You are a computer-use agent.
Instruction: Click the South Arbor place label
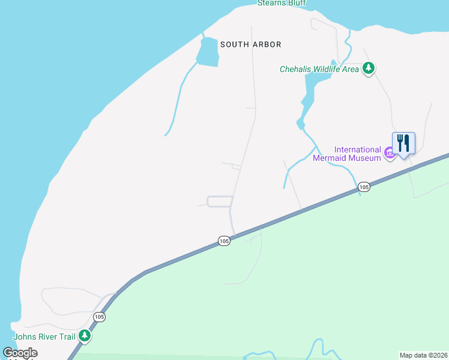tap(250, 44)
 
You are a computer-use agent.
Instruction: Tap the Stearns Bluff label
tap(282, 3)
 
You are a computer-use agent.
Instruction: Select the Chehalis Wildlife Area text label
tap(319, 70)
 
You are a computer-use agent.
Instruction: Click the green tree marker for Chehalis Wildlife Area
tap(369, 69)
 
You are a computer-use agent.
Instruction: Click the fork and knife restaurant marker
tap(403, 143)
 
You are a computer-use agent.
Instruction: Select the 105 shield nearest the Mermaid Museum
tap(364, 187)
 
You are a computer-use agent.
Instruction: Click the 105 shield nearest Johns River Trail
tap(99, 317)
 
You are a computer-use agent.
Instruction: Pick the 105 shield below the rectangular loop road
tap(224, 241)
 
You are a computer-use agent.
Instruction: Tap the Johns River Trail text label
tap(44, 337)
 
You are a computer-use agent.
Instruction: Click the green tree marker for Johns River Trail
tap(85, 335)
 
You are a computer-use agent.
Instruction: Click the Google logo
tap(20, 353)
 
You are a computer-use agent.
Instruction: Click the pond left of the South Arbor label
tap(207, 52)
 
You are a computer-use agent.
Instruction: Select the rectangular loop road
tap(220, 202)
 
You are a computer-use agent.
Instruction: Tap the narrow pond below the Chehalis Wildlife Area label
tap(307, 96)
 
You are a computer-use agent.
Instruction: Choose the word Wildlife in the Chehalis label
tap(331, 70)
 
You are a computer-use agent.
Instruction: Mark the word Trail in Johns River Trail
tap(67, 337)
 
